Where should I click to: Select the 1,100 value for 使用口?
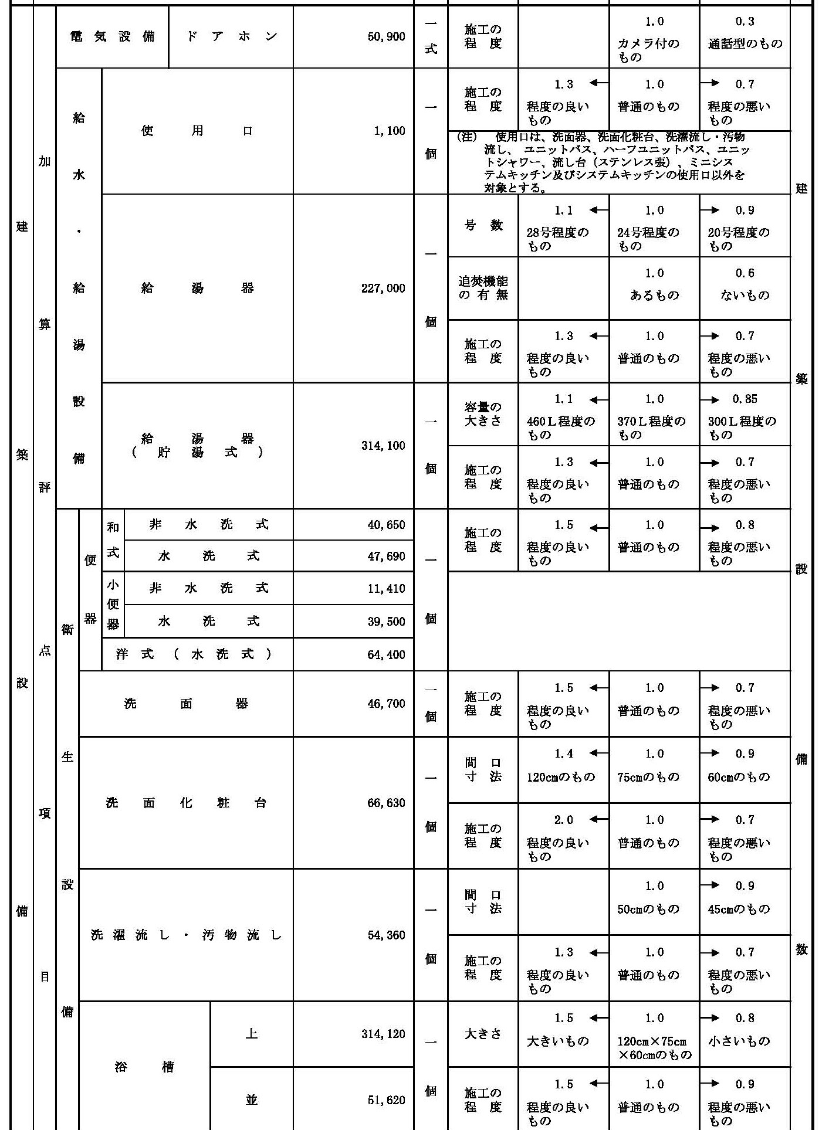pyautogui.click(x=389, y=131)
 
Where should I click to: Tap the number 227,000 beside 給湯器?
pyautogui.click(x=383, y=288)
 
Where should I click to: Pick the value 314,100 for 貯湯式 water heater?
pyautogui.click(x=383, y=446)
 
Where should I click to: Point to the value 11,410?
pyautogui.click(x=386, y=588)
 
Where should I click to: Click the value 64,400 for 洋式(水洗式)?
pyautogui.click(x=386, y=654)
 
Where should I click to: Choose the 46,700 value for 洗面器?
pyautogui.click(x=386, y=703)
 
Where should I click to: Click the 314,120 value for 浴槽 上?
pyautogui.click(x=383, y=1034)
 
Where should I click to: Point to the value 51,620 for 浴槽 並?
pyautogui.click(x=386, y=1100)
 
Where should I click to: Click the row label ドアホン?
pyautogui.click(x=231, y=37)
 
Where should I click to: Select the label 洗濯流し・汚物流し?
pyautogui.click(x=186, y=935)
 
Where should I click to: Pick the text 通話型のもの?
pyautogui.click(x=745, y=44)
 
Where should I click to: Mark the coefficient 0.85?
pyautogui.click(x=745, y=399)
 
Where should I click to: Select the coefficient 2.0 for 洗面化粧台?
pyautogui.click(x=563, y=820)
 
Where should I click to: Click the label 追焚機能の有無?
pyautogui.click(x=483, y=288)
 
